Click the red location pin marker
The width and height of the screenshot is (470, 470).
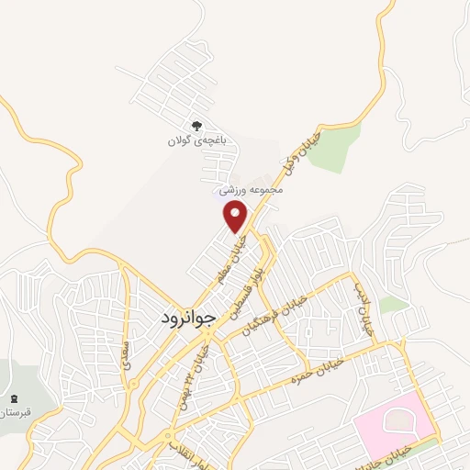(x=236, y=217)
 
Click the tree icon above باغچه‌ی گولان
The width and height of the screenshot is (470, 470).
(x=195, y=126)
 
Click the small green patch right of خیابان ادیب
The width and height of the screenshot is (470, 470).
(x=393, y=304)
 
